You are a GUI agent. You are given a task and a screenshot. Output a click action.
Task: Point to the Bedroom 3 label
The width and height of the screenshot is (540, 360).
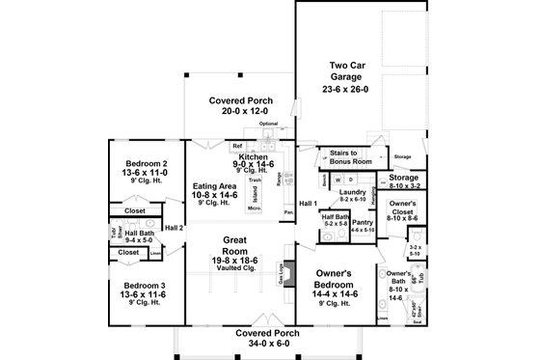[141, 285]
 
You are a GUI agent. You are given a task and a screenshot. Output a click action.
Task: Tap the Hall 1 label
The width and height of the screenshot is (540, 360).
[307, 204]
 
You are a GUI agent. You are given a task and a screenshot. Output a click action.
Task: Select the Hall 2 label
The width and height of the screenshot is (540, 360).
[174, 228]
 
